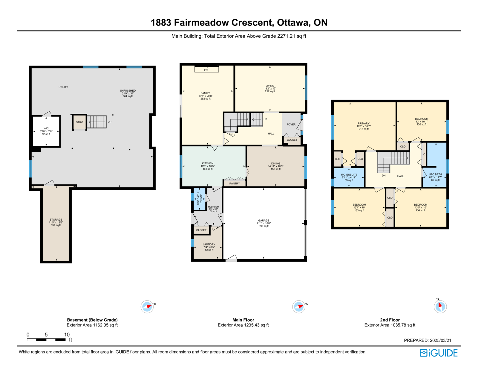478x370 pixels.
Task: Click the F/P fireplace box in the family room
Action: [x=206, y=70]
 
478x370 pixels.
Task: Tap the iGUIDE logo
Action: [x=438, y=353]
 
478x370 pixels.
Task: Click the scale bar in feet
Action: [x=46, y=339]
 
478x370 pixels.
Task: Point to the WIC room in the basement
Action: [x=46, y=131]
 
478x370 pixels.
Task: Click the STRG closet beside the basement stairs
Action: [x=80, y=122]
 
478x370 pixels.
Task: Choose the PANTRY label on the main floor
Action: [x=235, y=183]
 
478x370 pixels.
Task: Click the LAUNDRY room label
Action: [x=209, y=244]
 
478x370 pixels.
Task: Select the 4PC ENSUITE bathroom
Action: [x=349, y=178]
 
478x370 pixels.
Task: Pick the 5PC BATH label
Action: [x=435, y=174]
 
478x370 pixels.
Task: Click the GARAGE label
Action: [x=263, y=220]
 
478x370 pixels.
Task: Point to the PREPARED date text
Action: [x=428, y=340]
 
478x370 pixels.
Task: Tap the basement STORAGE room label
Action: [x=56, y=219]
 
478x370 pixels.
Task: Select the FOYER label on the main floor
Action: [x=291, y=124]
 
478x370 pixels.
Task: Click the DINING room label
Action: [x=276, y=163]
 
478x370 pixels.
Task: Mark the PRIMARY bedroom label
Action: [x=363, y=123]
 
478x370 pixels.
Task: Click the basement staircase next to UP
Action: [x=97, y=122]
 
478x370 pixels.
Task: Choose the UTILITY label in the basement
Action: [x=63, y=87]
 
